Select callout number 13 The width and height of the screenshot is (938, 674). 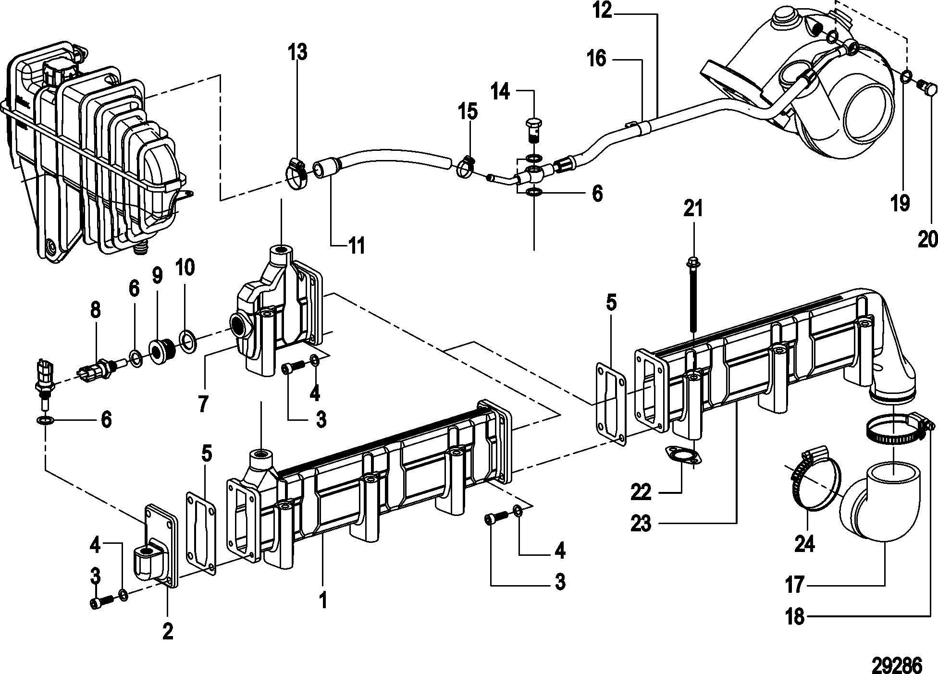[298, 52]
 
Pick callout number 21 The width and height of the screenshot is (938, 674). [693, 209]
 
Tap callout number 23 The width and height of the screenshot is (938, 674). [642, 523]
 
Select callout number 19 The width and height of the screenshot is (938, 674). [901, 202]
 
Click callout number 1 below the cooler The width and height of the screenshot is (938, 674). [323, 600]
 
